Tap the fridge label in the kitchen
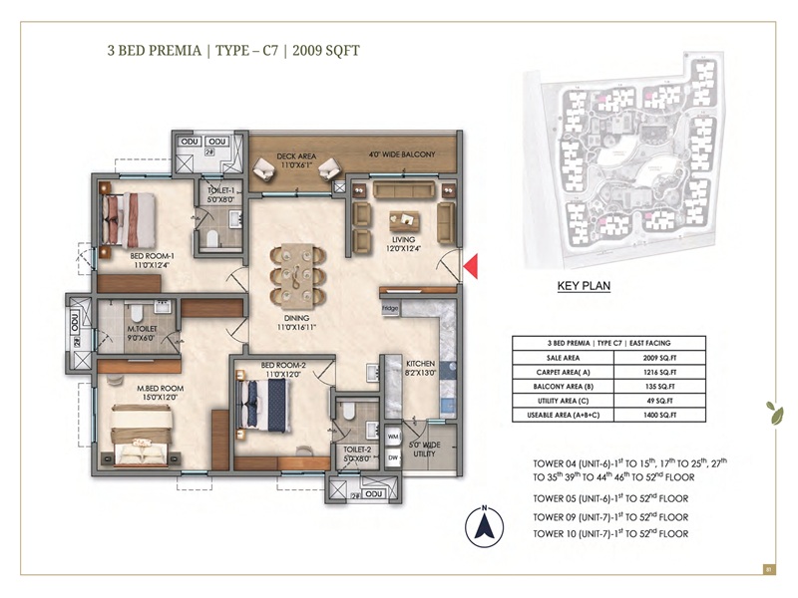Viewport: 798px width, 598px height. tap(390, 309)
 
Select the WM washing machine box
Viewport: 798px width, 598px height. tap(393, 437)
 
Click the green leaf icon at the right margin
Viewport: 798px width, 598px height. tap(770, 409)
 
